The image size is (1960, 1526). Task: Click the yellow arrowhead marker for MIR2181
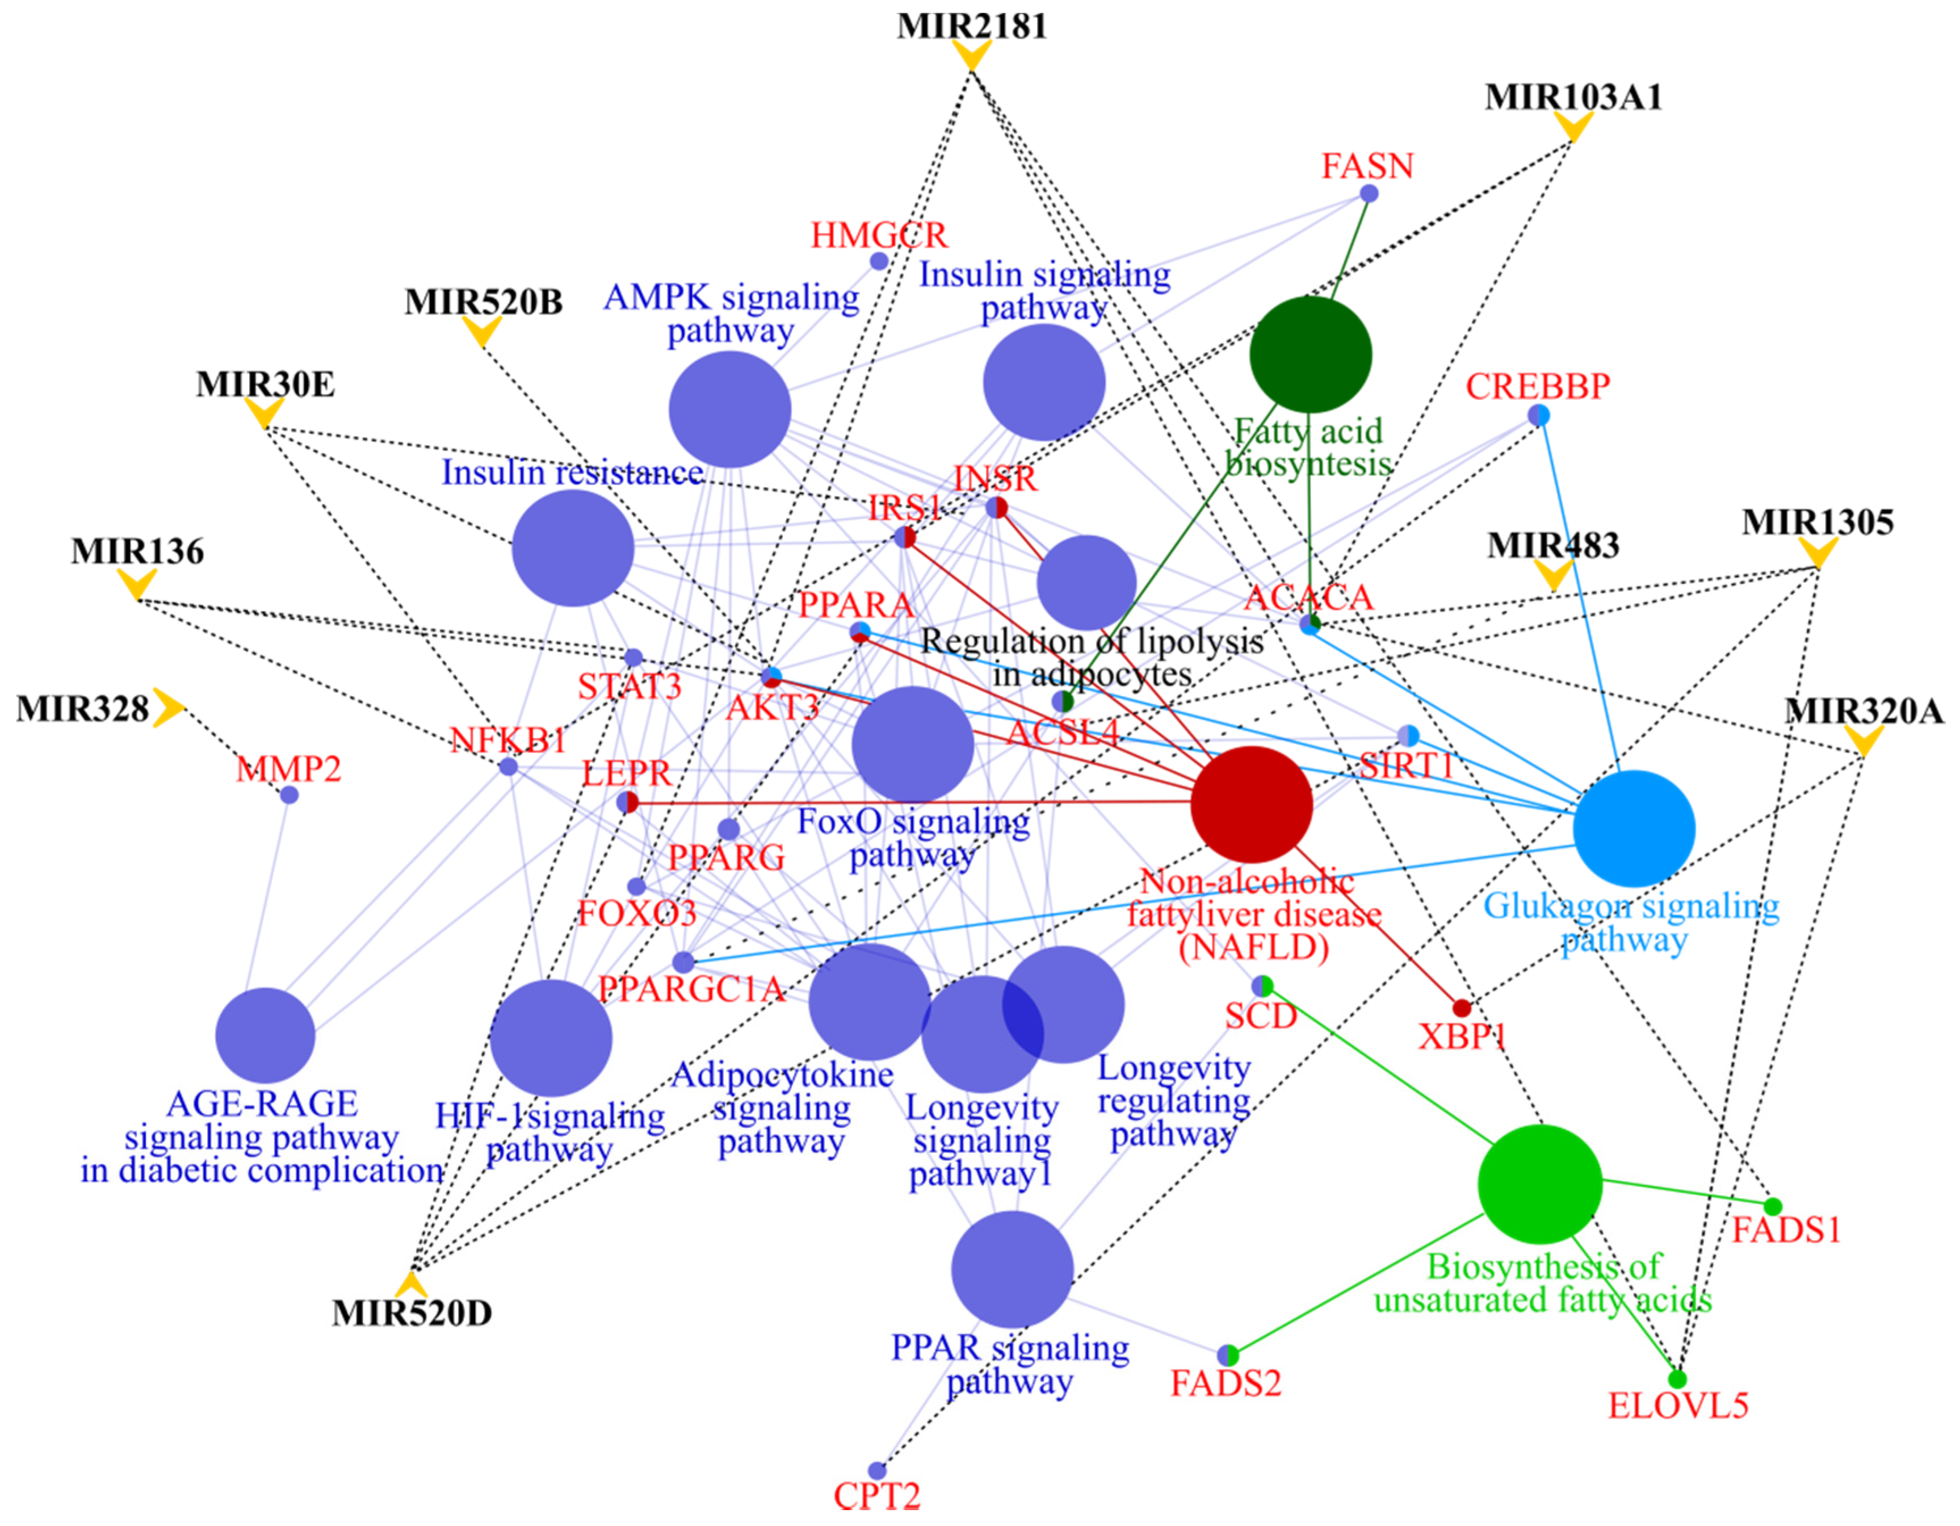pos(971,56)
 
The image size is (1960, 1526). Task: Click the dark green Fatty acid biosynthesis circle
pos(1310,354)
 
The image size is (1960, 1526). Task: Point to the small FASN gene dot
pos(1369,193)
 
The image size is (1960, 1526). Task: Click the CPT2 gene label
pos(877,1496)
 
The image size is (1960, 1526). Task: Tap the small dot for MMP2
pos(289,795)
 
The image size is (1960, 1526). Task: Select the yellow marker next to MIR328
pos(167,708)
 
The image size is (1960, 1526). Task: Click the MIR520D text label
pos(412,1313)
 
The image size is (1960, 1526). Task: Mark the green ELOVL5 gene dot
pos(1676,1379)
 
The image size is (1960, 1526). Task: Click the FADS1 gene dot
pos(1773,1206)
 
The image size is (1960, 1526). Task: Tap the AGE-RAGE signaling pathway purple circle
pos(266,1035)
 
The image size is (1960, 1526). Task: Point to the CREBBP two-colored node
pos(1539,415)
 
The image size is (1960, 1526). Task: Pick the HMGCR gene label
pos(879,235)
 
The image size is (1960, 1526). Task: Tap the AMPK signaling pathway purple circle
pos(729,409)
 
